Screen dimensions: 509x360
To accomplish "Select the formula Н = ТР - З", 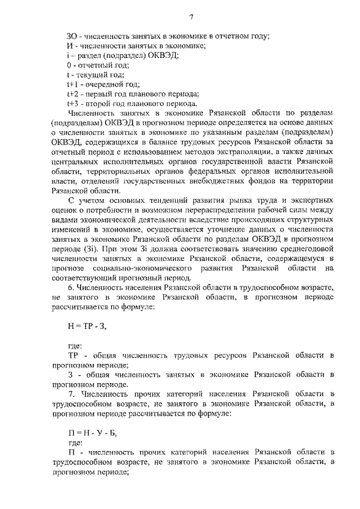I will tap(86, 326).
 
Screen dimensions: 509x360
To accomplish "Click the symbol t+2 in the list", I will tap(73, 94).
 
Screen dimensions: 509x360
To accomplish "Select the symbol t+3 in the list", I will tap(73, 103).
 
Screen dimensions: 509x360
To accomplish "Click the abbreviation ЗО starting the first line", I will tap(72, 37).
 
